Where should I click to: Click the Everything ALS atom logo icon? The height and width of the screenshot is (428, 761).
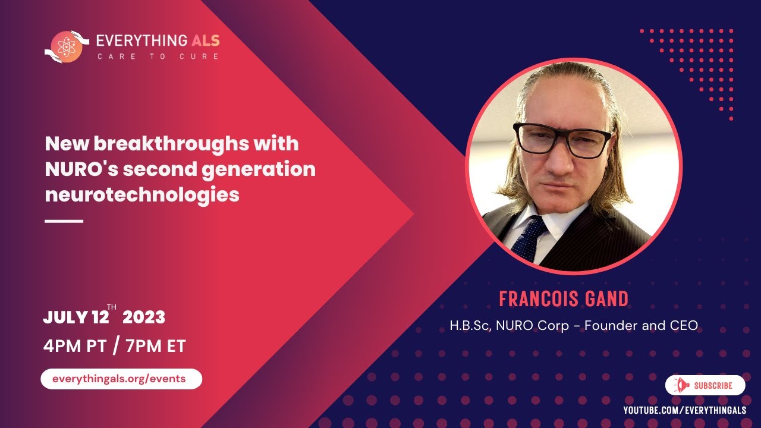[x=66, y=47]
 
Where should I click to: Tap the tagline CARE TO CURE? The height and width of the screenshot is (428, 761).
[x=158, y=56]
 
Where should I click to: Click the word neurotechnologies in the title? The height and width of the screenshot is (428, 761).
[x=142, y=194]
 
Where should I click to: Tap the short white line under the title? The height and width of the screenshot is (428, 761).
[x=64, y=221]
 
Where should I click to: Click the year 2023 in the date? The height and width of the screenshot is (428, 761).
[x=144, y=317]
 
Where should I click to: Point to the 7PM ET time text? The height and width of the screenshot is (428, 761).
[x=156, y=347]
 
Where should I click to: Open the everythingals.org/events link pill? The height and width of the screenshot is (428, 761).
[x=121, y=379]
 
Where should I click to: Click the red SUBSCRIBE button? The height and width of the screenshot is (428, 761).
[x=705, y=385]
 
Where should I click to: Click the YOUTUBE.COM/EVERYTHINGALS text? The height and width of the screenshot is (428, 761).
[x=684, y=411]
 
